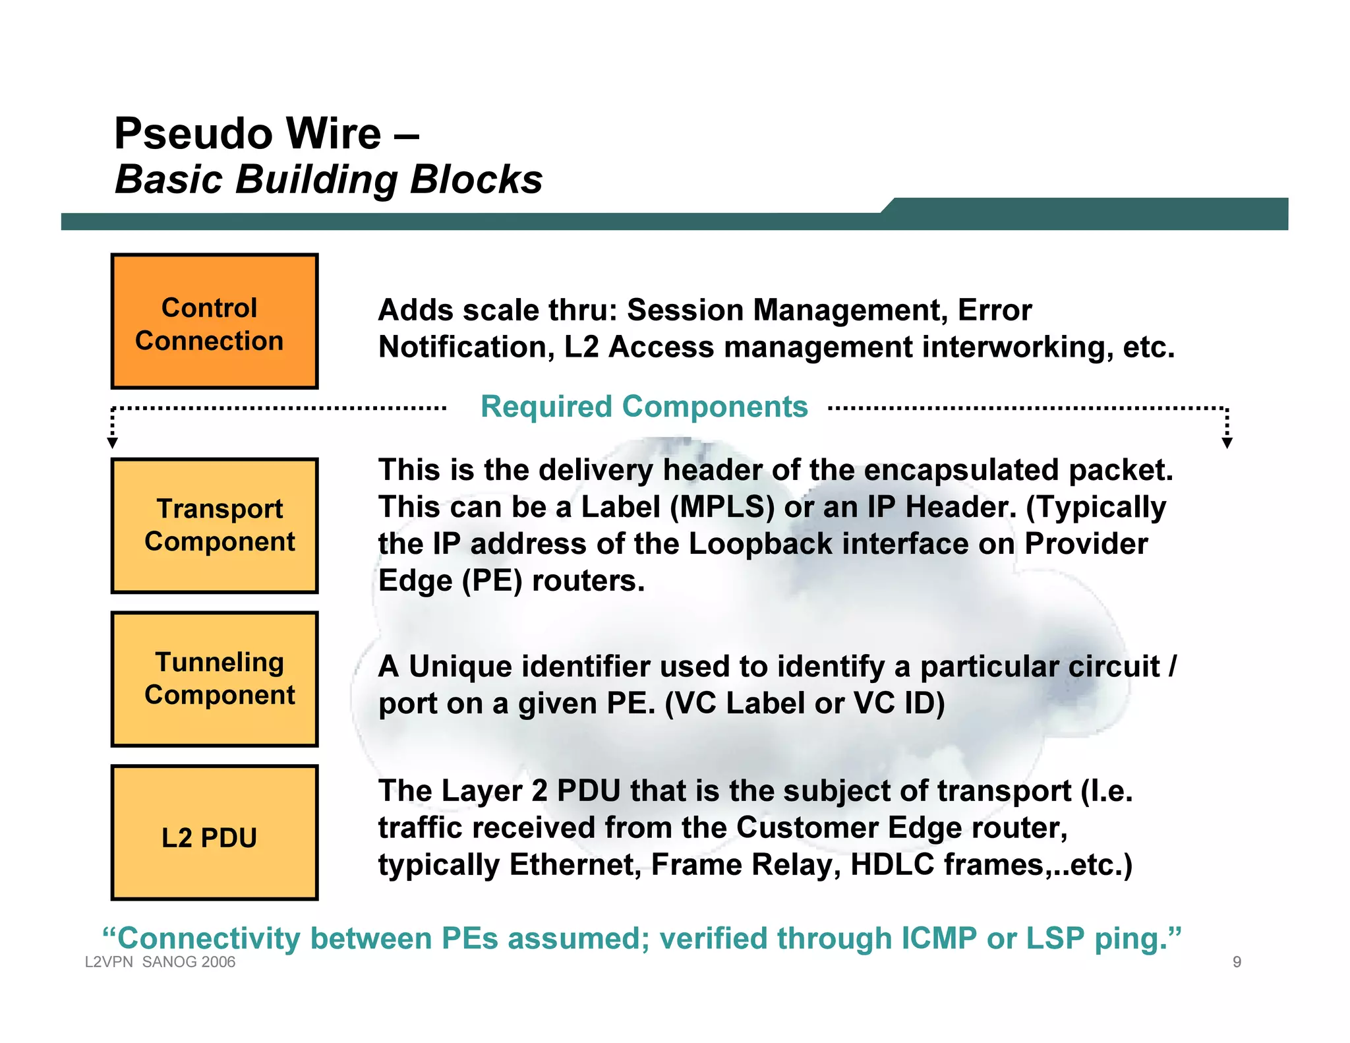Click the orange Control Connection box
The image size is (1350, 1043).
(x=214, y=322)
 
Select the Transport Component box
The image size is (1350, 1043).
(x=214, y=525)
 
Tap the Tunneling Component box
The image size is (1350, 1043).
(x=214, y=679)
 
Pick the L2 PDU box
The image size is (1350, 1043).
(x=214, y=833)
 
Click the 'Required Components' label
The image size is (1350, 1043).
(x=644, y=407)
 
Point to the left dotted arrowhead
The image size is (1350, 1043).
(x=113, y=442)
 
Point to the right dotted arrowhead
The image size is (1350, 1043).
(x=1227, y=442)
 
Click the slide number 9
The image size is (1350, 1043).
(x=1237, y=962)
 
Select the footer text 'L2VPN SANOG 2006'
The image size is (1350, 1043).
(x=160, y=962)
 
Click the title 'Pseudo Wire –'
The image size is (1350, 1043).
(x=266, y=134)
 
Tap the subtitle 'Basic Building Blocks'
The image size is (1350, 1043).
(x=328, y=179)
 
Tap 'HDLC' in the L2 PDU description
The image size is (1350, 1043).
(x=893, y=864)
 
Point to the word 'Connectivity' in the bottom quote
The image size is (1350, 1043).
(x=209, y=938)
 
